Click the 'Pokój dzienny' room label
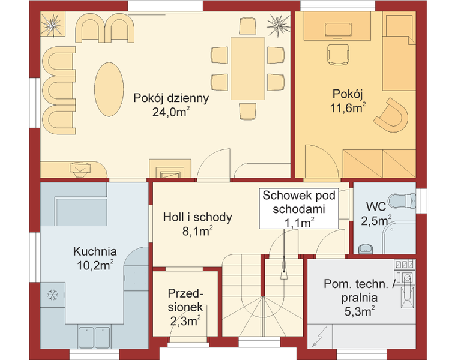pyautogui.click(x=171, y=98)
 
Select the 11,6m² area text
pyautogui.click(x=348, y=108)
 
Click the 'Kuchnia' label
pyautogui.click(x=95, y=251)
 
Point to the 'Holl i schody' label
pyautogui.click(x=197, y=217)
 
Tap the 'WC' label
pyautogui.click(x=376, y=207)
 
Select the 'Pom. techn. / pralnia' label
pyautogui.click(x=360, y=290)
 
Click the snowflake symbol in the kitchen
pyautogui.click(x=52, y=295)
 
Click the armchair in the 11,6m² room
pyautogui.click(x=397, y=115)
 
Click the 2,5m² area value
pyautogui.click(x=376, y=221)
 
